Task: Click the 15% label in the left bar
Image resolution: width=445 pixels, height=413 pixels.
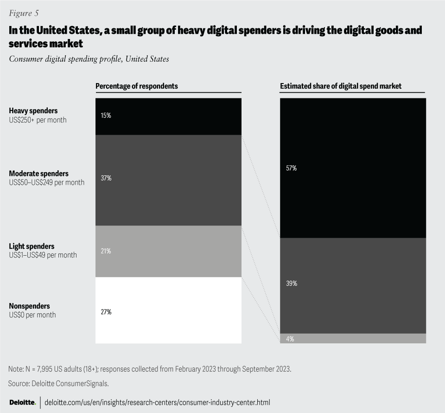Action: (x=106, y=116)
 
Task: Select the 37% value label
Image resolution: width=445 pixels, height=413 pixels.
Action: (x=106, y=178)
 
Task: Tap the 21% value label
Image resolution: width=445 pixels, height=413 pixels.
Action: (x=106, y=251)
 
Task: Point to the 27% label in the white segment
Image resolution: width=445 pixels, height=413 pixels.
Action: (x=106, y=312)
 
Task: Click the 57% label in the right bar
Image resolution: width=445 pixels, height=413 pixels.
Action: (x=291, y=168)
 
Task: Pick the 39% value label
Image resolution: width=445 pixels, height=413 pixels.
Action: (x=291, y=284)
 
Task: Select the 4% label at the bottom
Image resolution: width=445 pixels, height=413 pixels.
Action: (x=290, y=339)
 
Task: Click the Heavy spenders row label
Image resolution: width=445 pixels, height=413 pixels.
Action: (x=33, y=111)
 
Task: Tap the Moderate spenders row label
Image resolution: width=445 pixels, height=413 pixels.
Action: (x=38, y=174)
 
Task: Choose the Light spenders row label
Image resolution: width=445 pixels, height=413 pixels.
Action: (x=32, y=246)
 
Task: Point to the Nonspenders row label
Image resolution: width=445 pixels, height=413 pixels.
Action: (x=29, y=306)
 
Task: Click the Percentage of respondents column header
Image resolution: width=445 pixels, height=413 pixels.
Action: (x=136, y=86)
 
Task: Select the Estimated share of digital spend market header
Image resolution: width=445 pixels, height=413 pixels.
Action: (x=341, y=86)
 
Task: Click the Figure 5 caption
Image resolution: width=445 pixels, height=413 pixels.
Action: (x=23, y=13)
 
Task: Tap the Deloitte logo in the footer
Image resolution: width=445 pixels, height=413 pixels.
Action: (x=22, y=402)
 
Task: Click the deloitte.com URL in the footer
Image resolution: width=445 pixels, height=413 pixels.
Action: (x=157, y=402)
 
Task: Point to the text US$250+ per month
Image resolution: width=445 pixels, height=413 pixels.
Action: (x=38, y=120)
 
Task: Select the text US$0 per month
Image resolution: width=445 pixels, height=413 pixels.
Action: (x=32, y=315)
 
